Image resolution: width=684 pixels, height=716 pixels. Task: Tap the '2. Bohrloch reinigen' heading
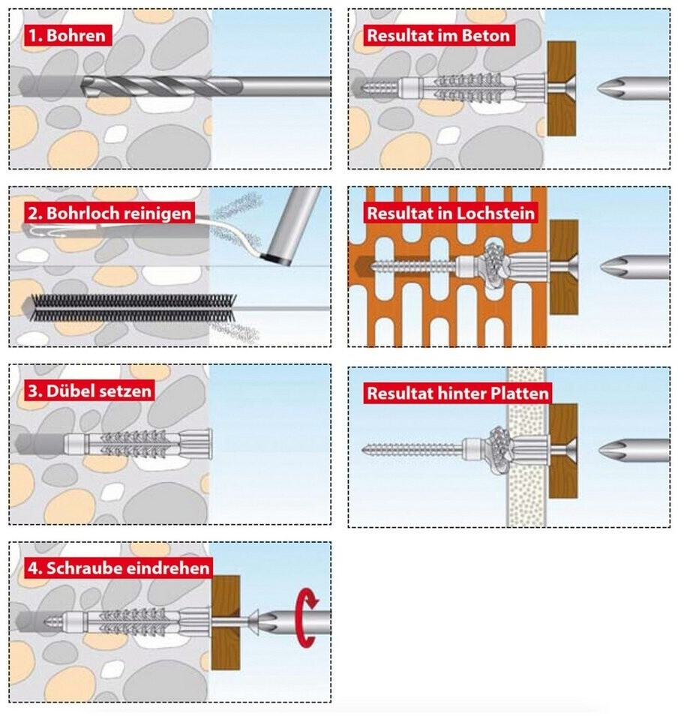tap(109, 212)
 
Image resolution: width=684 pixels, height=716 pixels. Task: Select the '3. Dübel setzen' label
tap(88, 391)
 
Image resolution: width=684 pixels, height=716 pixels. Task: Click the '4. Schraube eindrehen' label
tap(117, 568)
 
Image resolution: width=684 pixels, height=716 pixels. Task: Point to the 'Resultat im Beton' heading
tap(438, 35)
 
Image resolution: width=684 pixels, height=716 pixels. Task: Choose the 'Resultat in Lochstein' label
tap(451, 213)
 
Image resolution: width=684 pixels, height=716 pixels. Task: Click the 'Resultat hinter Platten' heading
tap(457, 393)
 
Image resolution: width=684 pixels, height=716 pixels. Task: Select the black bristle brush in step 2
tap(127, 308)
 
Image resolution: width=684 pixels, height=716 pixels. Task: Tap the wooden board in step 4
tap(225, 622)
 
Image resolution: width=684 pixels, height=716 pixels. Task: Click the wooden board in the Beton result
tap(561, 88)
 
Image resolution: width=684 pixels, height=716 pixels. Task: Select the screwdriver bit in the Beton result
tap(634, 88)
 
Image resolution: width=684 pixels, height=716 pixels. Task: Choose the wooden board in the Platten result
tap(562, 451)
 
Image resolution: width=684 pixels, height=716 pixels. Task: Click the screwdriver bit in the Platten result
tap(634, 450)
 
